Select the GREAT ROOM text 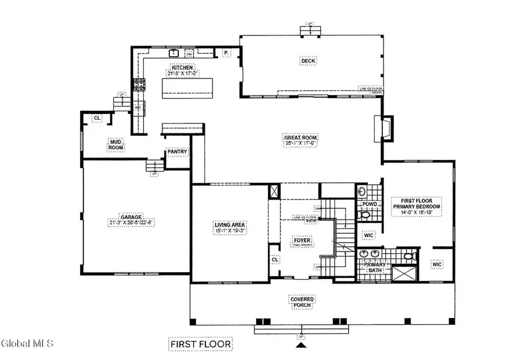tap(301, 140)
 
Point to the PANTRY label tap(177, 152)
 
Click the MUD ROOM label tap(115, 145)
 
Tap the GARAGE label tap(130, 220)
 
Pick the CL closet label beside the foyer tap(275, 259)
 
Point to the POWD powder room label tap(369, 204)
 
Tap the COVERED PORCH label tap(301, 303)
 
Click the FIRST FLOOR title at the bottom tap(200, 343)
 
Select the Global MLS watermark tap(28, 343)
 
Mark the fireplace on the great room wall tap(379, 127)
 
